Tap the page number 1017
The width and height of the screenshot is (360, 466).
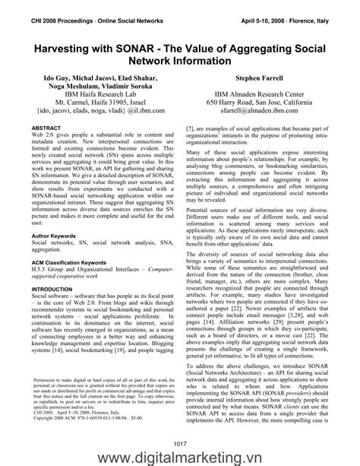click(180, 443)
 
